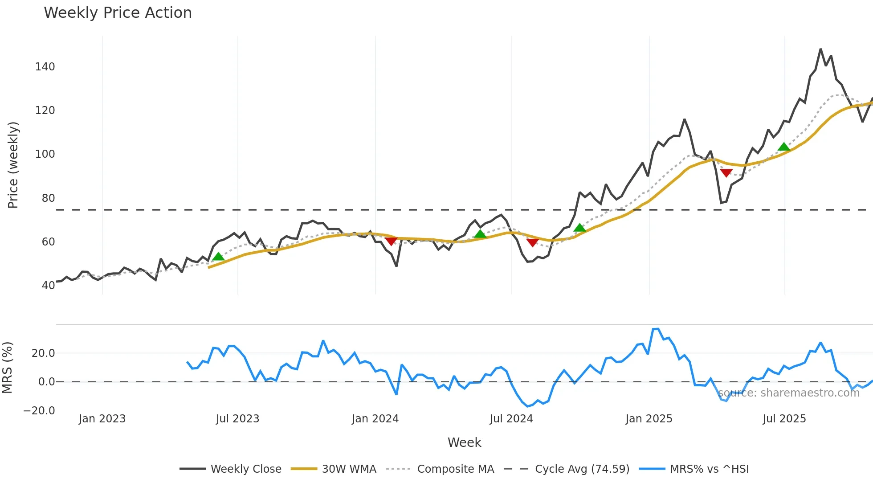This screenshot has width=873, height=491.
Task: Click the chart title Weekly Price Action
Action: pos(118,13)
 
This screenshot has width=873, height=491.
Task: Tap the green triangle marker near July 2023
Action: pos(218,256)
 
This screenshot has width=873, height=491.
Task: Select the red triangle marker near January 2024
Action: pos(391,241)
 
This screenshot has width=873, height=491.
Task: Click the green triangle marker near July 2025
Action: pos(784,147)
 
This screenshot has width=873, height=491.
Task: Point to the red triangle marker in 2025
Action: pos(726,173)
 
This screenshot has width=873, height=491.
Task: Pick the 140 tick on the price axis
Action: pos(45,67)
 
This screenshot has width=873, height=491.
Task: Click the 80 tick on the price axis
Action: pos(48,198)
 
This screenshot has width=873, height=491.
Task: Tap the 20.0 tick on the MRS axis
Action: pos(43,353)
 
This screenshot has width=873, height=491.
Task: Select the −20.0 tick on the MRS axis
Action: pos(39,410)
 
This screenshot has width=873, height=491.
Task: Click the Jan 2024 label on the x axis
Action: pos(375,419)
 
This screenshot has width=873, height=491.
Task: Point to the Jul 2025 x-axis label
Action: pos(784,419)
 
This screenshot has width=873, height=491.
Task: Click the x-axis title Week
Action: pos(464,442)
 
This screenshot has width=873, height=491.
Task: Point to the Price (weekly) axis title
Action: pos(13,165)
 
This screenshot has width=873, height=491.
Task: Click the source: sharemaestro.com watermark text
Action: pos(788,393)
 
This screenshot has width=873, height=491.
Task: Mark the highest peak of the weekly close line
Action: pos(820,49)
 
